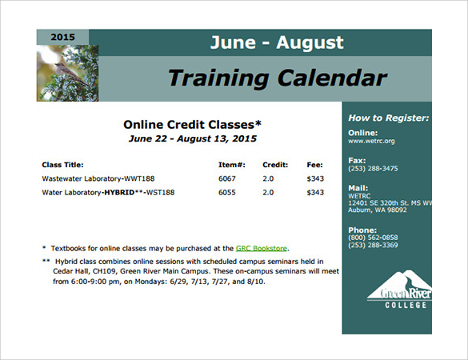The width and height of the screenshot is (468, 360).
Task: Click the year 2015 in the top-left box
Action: (62, 37)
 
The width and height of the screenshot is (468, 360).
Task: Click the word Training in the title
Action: (218, 78)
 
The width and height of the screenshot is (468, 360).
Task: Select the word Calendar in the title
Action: (332, 78)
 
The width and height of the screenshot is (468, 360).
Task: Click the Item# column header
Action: (232, 165)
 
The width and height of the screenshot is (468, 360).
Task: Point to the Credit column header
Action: (275, 165)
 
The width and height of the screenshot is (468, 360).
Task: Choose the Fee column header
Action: (314, 165)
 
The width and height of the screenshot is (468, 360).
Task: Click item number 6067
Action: (227, 178)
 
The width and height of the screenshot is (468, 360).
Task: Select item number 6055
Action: (227, 192)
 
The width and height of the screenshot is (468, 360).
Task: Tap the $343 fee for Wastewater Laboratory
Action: (315, 178)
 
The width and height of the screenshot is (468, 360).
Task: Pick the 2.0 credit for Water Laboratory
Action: (268, 192)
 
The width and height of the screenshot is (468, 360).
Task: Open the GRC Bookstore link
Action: (261, 248)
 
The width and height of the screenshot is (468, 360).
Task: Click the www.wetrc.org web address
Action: (371, 141)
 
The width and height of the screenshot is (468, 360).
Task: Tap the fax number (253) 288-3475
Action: (373, 168)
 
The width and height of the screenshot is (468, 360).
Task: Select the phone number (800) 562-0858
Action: (373, 238)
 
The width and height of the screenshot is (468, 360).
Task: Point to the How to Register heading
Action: (389, 118)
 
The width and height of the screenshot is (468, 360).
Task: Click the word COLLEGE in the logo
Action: (406, 305)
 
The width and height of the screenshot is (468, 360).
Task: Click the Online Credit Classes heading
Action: (192, 125)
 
